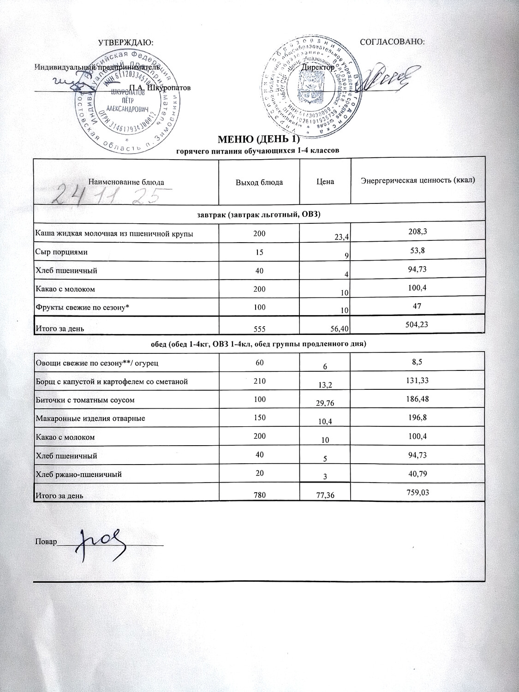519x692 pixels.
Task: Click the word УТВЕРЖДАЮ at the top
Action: pos(125,42)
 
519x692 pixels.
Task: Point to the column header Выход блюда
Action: pos(259,182)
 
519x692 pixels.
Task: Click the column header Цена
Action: pos(325,182)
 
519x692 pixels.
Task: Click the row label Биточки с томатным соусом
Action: pos(85,400)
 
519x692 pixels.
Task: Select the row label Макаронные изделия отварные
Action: pos(90,419)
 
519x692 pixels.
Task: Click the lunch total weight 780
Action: pos(259,495)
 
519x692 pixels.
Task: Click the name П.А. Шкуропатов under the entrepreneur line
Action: pos(160,87)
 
